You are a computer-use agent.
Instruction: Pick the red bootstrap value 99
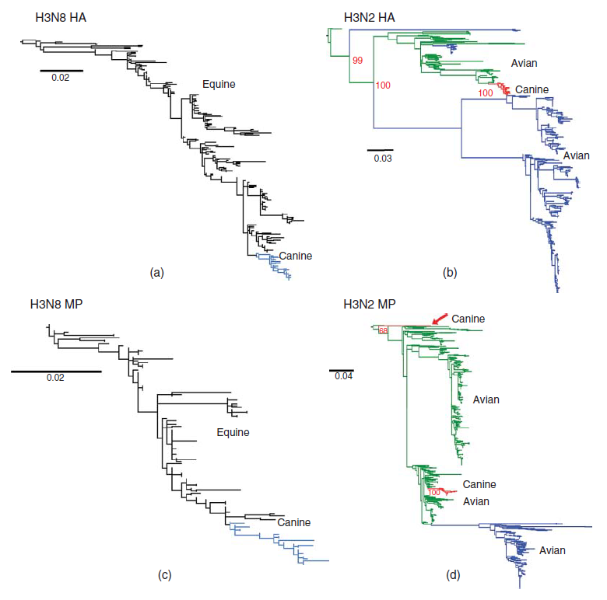[x=358, y=59]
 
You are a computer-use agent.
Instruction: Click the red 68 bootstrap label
[x=383, y=331]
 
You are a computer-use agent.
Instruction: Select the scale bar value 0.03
[x=382, y=159]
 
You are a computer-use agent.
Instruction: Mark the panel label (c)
[x=164, y=575]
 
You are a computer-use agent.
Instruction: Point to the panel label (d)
[x=453, y=575]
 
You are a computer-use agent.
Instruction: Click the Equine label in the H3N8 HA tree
[x=219, y=84]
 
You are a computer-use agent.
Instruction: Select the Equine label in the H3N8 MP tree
[x=233, y=433]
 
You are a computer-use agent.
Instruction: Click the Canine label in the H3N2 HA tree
[x=532, y=89]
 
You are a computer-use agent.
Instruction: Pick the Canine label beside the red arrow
[x=468, y=319]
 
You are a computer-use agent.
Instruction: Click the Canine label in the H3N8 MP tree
[x=294, y=522]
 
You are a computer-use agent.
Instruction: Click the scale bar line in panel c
[x=56, y=372]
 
